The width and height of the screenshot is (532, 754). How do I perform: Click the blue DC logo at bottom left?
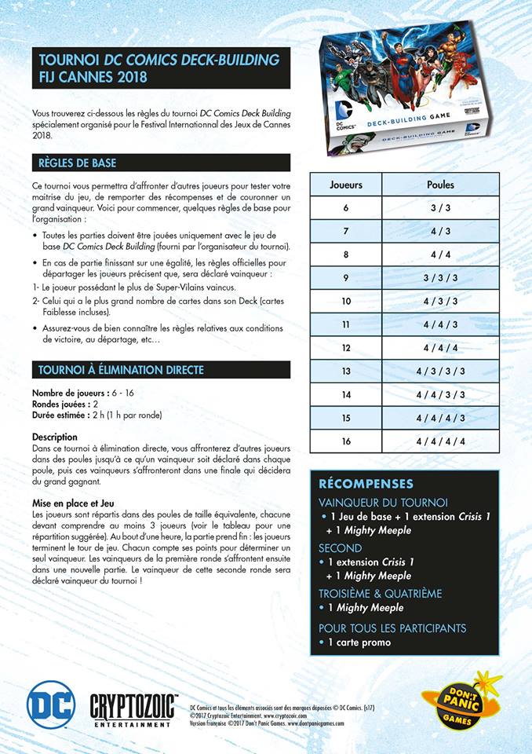point(51,701)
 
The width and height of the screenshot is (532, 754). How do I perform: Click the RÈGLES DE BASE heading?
point(78,163)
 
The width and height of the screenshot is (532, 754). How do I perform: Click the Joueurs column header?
point(346,185)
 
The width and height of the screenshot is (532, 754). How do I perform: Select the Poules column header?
point(440,185)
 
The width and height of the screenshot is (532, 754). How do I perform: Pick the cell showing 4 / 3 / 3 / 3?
point(440,372)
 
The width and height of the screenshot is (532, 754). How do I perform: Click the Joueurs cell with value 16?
point(346,441)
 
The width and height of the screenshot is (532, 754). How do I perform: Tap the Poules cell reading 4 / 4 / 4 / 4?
point(440,441)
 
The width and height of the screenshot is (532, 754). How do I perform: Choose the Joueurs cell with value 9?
point(346,278)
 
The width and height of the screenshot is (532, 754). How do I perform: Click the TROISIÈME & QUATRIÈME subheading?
point(380,594)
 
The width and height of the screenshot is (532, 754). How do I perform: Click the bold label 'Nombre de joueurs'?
point(65,393)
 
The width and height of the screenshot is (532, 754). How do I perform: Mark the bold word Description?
point(55,437)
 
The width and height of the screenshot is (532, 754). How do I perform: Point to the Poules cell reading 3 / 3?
point(440,208)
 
